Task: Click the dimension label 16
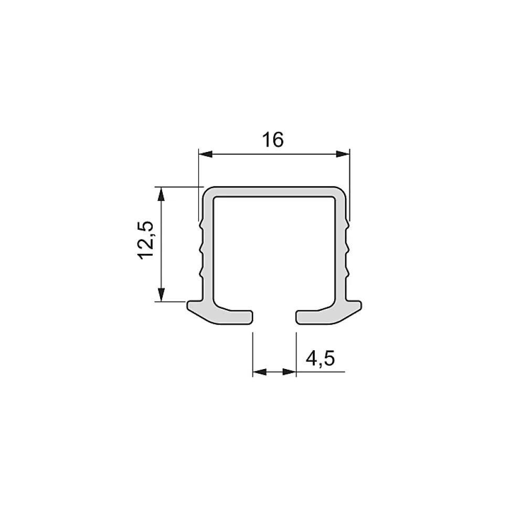click(273, 140)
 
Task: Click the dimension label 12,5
click(145, 240)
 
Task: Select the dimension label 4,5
click(320, 359)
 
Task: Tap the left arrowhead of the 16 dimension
click(205, 154)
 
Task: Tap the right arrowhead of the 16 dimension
click(343, 154)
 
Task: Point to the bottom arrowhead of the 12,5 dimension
click(161, 295)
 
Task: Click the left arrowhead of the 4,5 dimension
click(259, 372)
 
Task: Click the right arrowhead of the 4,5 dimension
click(289, 372)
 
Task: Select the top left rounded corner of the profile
click(207, 191)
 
